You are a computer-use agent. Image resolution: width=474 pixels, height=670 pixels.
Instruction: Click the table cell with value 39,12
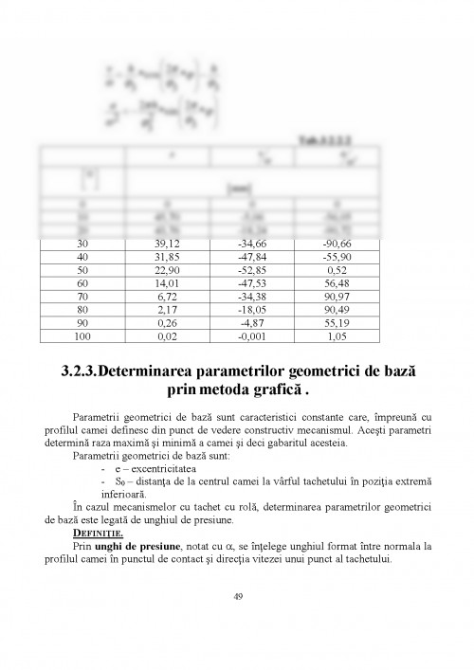(x=171, y=244)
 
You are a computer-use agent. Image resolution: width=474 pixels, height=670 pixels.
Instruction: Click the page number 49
(x=237, y=596)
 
